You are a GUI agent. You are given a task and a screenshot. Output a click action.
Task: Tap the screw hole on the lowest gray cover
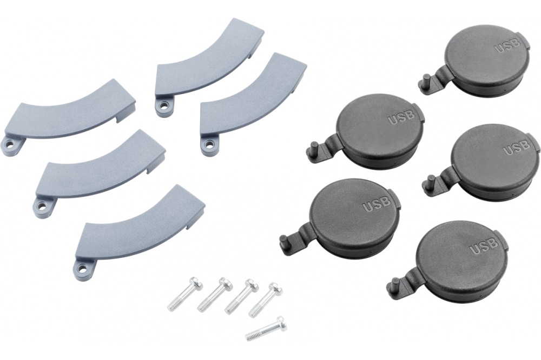click(82, 267)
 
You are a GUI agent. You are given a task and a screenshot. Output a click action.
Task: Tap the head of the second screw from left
click(225, 283)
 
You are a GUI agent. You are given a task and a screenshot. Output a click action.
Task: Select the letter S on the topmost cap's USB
click(508, 46)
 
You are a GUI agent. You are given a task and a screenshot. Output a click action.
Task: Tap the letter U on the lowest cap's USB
click(474, 250)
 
